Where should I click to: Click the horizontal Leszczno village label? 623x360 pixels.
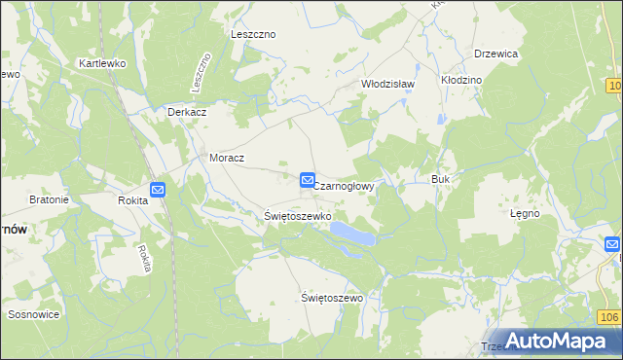pyautogui.click(x=253, y=34)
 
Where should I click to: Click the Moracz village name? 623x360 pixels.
pyautogui.click(x=227, y=157)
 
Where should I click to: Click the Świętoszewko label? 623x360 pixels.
pyautogui.click(x=298, y=215)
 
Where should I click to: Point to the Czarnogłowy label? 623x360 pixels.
pyautogui.click(x=345, y=183)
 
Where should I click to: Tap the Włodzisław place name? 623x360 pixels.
pyautogui.click(x=388, y=84)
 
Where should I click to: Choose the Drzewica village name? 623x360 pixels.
pyautogui.click(x=495, y=54)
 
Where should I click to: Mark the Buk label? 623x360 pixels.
pyautogui.click(x=439, y=179)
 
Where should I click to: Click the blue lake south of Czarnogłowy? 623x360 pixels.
pyautogui.click(x=351, y=234)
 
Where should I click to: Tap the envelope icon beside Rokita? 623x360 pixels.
pyautogui.click(x=158, y=190)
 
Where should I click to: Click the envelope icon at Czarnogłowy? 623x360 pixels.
pyautogui.click(x=307, y=180)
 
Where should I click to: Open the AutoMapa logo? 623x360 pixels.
pyautogui.click(x=555, y=341)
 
